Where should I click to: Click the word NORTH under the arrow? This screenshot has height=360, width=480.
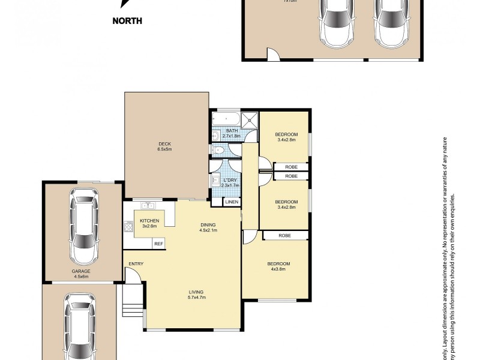127,21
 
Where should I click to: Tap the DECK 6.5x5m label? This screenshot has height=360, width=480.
165,146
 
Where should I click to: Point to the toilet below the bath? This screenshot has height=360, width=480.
219,150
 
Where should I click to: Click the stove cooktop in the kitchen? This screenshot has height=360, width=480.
128,227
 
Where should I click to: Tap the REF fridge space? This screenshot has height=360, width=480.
158,244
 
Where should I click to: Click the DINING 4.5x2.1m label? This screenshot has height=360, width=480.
208,227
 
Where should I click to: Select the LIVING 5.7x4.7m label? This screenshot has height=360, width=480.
197,295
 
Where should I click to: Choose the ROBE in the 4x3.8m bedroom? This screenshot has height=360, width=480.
284,236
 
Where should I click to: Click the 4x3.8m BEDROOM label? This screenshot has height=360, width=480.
279,266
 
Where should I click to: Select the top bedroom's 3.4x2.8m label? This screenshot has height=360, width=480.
286,137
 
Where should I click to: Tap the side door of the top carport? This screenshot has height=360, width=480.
273,56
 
